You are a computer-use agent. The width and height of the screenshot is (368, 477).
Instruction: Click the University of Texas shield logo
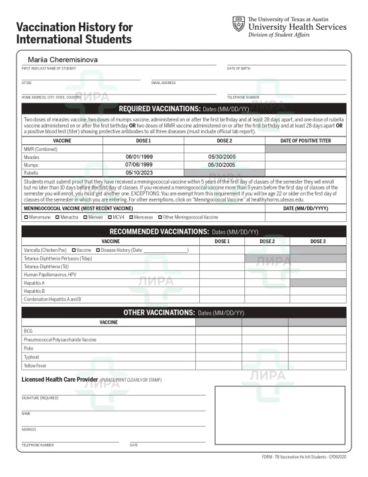pyautogui.click(x=239, y=25)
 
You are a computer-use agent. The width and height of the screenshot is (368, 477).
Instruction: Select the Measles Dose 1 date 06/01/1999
pyautogui.click(x=139, y=156)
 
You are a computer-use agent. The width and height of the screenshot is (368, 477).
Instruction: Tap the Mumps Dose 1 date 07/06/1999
pyautogui.click(x=139, y=164)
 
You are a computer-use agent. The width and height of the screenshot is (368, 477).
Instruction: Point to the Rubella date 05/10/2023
pyautogui.click(x=139, y=172)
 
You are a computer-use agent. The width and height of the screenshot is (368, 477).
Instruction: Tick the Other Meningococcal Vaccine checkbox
pyautogui.click(x=160, y=217)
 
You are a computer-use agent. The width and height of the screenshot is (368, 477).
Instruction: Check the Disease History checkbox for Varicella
pyautogui.click(x=98, y=250)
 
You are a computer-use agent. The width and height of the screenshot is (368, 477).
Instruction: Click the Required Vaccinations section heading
pyautogui.click(x=184, y=109)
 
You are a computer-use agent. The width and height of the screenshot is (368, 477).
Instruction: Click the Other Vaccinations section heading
pyautogui.click(x=184, y=312)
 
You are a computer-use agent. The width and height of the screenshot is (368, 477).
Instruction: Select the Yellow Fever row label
pyautogui.click(x=35, y=365)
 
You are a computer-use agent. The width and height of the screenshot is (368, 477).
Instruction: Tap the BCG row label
pyautogui.click(x=28, y=331)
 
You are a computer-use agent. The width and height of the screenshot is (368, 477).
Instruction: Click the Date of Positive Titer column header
pyautogui.click(x=305, y=140)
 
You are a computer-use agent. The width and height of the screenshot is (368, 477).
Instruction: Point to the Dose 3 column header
pyautogui.click(x=317, y=241)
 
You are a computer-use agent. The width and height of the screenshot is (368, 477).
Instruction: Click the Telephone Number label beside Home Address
pyautogui.click(x=243, y=97)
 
